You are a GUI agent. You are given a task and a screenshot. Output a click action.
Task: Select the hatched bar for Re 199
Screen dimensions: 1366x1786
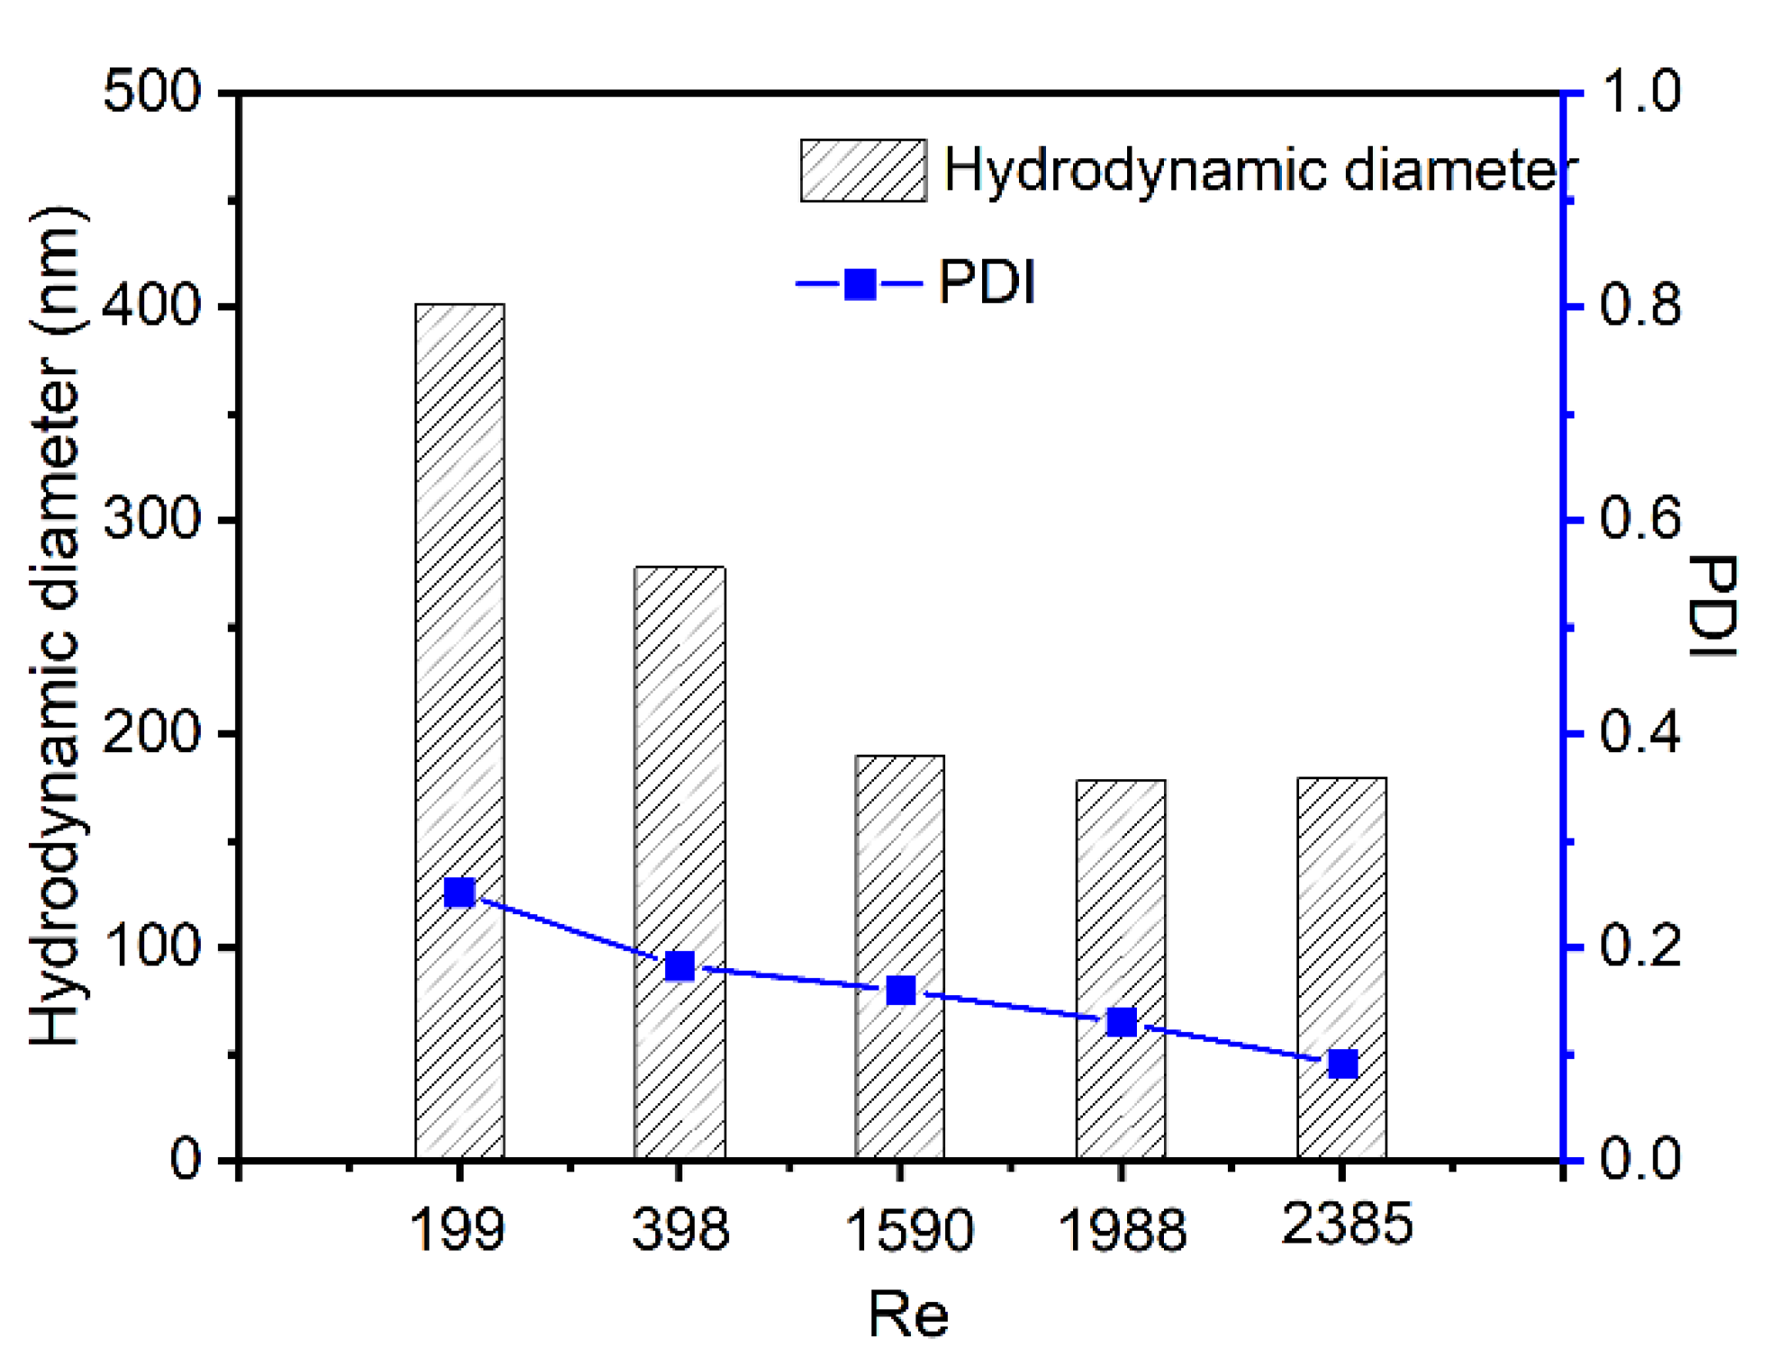pos(460,630)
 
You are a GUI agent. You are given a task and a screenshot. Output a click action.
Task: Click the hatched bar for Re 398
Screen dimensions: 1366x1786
pos(680,765)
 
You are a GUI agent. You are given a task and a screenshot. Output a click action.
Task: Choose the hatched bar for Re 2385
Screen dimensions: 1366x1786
pos(1342,900)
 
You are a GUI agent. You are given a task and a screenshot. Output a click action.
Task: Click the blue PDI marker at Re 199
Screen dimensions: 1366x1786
pos(460,893)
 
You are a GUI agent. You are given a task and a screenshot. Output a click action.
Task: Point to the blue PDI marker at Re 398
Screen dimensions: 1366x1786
pos(681,966)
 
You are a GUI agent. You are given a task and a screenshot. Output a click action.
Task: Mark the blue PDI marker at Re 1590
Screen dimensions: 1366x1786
pos(901,991)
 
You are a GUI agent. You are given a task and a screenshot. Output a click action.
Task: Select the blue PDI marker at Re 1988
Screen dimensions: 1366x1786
pos(1122,1022)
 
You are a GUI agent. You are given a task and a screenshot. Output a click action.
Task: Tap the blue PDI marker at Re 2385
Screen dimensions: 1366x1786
pos(1343,1064)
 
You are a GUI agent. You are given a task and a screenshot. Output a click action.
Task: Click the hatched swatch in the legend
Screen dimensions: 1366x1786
pos(863,170)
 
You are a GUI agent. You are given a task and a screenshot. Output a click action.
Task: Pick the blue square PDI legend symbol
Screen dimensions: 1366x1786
pos(860,284)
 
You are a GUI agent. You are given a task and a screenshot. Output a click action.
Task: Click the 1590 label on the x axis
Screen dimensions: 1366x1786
pos(909,1229)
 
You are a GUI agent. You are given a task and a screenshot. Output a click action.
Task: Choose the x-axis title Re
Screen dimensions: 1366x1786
pos(907,1315)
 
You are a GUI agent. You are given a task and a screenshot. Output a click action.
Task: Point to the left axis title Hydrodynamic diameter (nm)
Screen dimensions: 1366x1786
pos(56,625)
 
